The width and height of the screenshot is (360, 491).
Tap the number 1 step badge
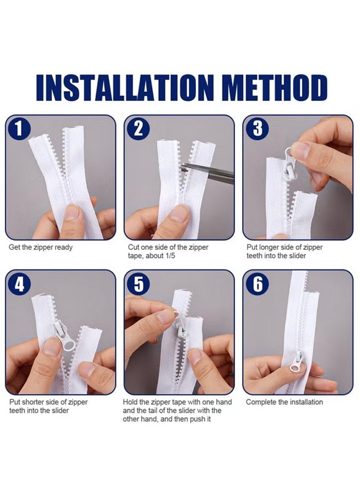coord(19,129)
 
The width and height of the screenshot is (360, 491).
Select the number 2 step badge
coord(139,129)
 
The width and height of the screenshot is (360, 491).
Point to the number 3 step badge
coord(257,129)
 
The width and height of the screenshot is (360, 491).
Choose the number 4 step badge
coord(19,284)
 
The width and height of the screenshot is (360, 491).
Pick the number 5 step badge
coord(139,284)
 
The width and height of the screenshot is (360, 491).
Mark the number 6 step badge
coord(257,284)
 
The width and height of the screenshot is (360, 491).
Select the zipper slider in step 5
coord(181,327)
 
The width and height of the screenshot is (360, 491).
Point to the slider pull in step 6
coord(296,363)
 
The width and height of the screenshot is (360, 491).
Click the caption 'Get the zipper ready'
coord(40,247)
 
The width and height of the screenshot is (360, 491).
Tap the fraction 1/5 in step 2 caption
coord(169,255)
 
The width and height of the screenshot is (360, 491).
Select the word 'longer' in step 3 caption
coord(269,247)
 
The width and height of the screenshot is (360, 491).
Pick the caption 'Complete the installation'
coord(284,402)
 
